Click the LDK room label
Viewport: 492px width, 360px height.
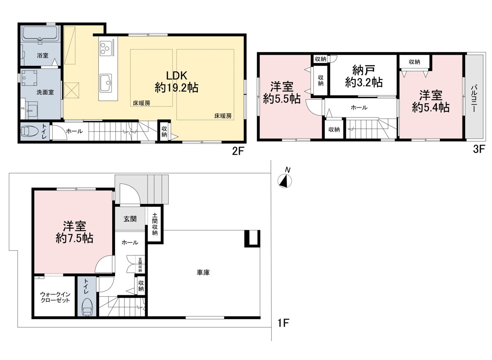pos(176,76)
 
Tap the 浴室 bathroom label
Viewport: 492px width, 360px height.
pos(43,55)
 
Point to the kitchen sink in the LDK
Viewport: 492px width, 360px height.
pos(106,83)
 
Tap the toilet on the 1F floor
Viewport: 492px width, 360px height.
pos(87,307)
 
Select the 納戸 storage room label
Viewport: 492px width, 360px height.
pos(364,70)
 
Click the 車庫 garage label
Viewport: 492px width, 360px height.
pos(203,273)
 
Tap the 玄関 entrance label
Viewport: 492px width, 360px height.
pos(130,219)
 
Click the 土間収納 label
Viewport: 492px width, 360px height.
pos(155,224)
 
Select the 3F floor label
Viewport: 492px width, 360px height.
pos(479,150)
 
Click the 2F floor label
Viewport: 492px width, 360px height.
pos(238,151)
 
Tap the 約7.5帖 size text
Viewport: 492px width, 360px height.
pos(75,238)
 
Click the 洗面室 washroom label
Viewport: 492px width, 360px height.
pos(45,92)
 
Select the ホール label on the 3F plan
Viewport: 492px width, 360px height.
pos(359,107)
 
